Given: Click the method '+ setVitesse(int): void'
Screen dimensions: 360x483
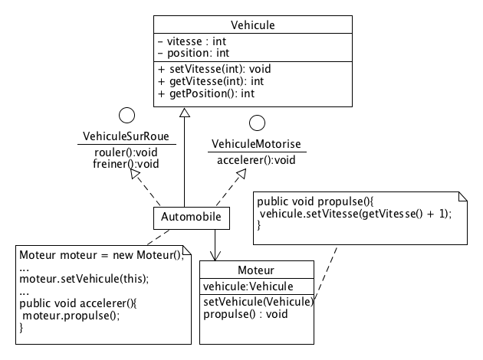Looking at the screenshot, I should (x=214, y=69).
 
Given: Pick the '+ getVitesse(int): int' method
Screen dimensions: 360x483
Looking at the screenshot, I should (x=211, y=81).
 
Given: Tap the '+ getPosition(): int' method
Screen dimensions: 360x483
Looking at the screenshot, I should (x=206, y=93).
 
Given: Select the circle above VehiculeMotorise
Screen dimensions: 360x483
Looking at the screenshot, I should (x=257, y=123).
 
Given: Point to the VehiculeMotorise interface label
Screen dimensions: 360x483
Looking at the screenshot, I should (x=256, y=144).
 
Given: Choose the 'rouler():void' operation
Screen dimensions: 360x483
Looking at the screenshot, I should (x=125, y=152).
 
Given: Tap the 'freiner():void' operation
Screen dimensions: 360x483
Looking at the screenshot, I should (x=125, y=163).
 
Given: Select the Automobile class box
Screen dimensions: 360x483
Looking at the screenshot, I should (x=191, y=218).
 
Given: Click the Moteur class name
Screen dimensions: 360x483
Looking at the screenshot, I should (x=256, y=271).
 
